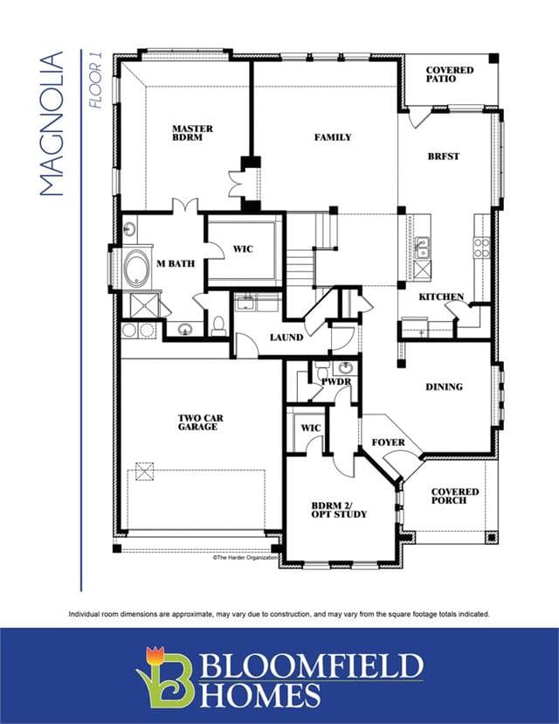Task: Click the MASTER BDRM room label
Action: pyautogui.click(x=192, y=133)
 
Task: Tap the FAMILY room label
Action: pyautogui.click(x=333, y=137)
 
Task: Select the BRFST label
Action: pyautogui.click(x=443, y=157)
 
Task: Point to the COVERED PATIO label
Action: pyautogui.click(x=449, y=74)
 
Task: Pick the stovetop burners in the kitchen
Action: pyautogui.click(x=482, y=247)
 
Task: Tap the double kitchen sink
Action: pyautogui.click(x=422, y=247)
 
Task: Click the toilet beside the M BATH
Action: pyautogui.click(x=218, y=325)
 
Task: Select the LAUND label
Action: pyautogui.click(x=286, y=338)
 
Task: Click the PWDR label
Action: pyautogui.click(x=336, y=382)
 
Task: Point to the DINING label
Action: pyautogui.click(x=444, y=387)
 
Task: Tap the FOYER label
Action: pyautogui.click(x=389, y=442)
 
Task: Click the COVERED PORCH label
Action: pyautogui.click(x=455, y=496)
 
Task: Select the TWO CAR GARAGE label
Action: pyautogui.click(x=200, y=422)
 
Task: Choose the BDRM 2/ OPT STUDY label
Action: pyautogui.click(x=339, y=510)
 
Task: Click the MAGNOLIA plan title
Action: pyautogui.click(x=52, y=124)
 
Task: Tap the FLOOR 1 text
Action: pyautogui.click(x=95, y=86)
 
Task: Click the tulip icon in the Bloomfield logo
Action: pyautogui.click(x=155, y=655)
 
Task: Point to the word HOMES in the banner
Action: pyautogui.click(x=259, y=695)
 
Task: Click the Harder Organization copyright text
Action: pyautogui.click(x=245, y=557)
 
